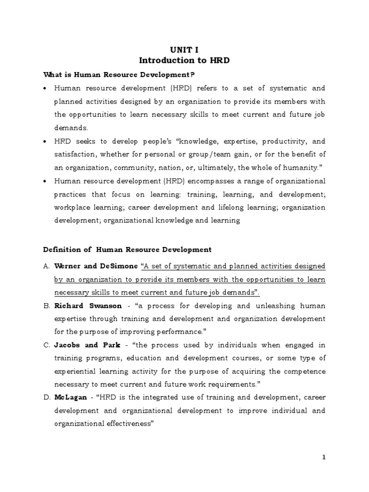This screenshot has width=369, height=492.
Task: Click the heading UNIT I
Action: click(x=184, y=50)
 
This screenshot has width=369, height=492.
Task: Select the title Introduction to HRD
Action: click(x=184, y=61)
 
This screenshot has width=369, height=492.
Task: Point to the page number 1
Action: click(x=324, y=457)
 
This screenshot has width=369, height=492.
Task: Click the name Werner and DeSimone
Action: click(x=95, y=266)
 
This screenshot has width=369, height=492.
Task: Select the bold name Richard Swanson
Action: click(x=84, y=306)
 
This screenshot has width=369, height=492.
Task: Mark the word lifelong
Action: click(x=218, y=208)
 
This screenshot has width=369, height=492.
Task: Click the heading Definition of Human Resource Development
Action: click(x=127, y=249)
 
